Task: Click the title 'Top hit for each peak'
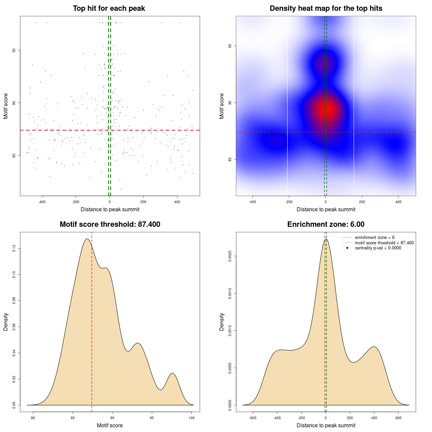click(109, 8)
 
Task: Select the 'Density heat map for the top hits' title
click(326, 8)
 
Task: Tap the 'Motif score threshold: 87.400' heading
click(110, 224)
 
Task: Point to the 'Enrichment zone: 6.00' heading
click(326, 224)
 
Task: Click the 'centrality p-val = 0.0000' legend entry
click(378, 248)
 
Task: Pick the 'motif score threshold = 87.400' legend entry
click(384, 243)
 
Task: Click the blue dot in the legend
click(347, 248)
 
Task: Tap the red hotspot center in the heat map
click(327, 109)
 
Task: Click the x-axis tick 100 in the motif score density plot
click(192, 418)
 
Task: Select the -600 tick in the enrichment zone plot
click(253, 418)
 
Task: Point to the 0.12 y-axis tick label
click(14, 249)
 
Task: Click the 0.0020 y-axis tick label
click(230, 256)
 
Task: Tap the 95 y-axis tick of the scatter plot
click(14, 50)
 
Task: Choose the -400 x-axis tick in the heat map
click(252, 202)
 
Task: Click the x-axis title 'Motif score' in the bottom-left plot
click(110, 425)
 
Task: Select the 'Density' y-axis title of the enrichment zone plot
click(222, 322)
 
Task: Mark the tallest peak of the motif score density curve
click(87, 239)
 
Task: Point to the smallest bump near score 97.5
click(172, 373)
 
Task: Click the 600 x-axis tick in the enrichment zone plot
click(399, 418)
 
